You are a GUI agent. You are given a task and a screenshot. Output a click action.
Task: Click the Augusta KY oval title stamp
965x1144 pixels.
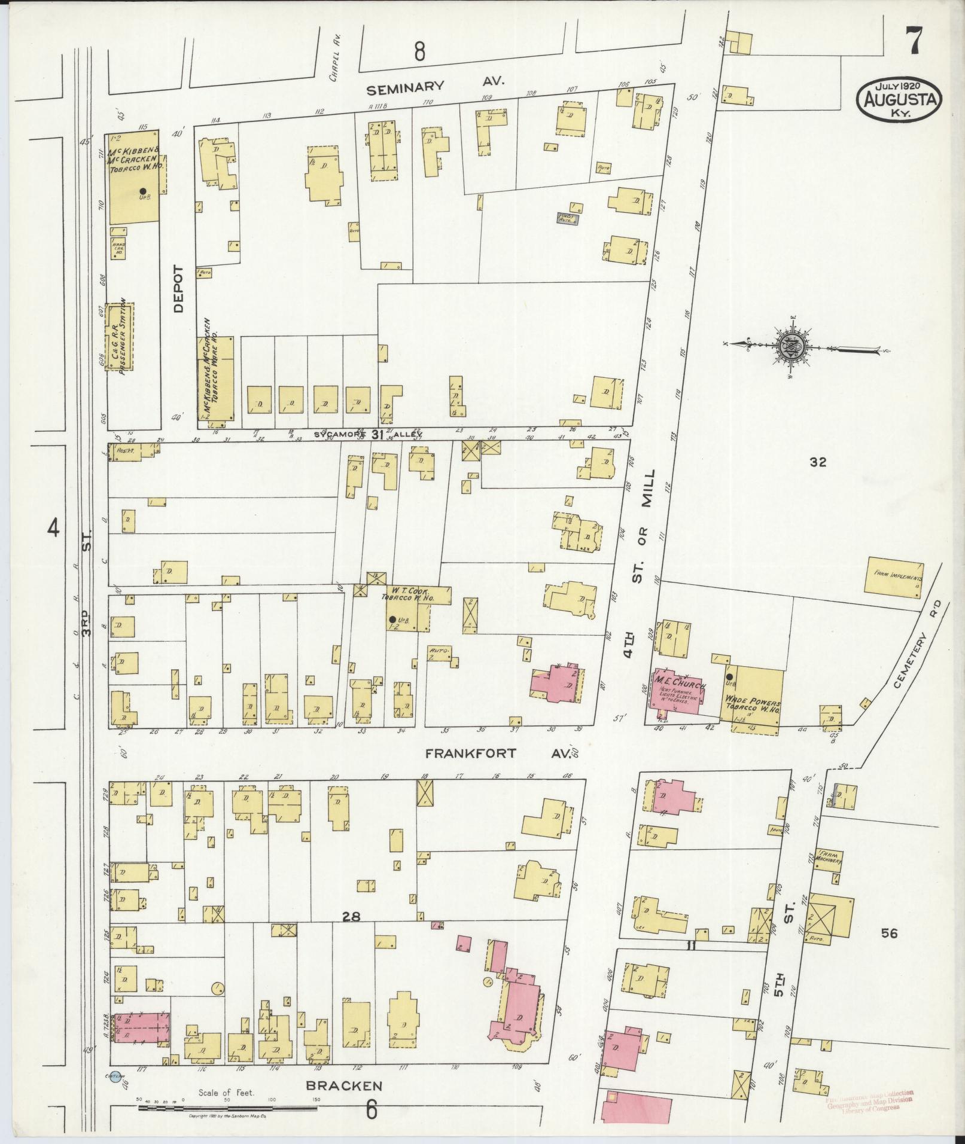900,99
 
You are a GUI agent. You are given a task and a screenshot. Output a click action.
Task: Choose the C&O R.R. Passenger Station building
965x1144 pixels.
120,336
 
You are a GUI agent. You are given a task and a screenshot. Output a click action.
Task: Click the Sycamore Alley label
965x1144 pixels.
369,435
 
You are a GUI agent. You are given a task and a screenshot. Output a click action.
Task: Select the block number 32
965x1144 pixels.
817,462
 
